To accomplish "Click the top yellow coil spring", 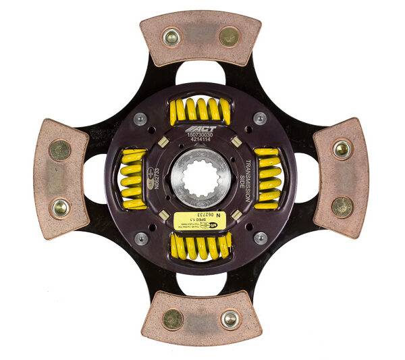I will (200, 109).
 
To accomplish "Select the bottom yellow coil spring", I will (200, 247).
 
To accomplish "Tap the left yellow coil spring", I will (132, 178).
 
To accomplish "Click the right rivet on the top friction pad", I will (230, 36).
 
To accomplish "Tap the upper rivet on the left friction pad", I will (59, 150).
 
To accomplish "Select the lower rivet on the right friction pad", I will (342, 206).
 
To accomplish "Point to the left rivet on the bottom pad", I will (173, 318).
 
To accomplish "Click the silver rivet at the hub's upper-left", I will (140, 119).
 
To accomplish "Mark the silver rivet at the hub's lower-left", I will (140, 238).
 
